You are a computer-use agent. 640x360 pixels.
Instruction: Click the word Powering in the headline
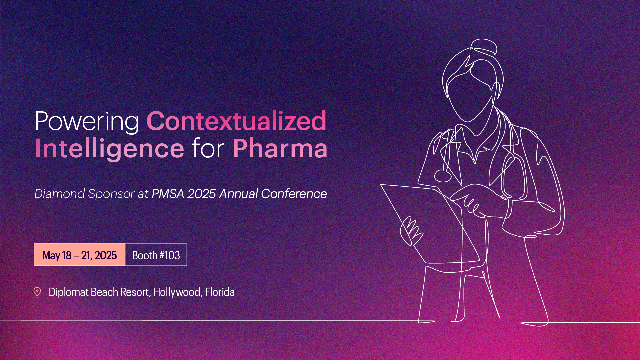pos(87,122)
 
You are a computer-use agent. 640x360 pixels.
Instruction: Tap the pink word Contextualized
pos(236,121)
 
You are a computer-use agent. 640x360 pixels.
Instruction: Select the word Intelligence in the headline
pos(109,149)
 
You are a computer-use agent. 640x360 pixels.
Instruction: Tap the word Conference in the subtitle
pos(294,194)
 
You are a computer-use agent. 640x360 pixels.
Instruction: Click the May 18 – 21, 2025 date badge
pos(79,255)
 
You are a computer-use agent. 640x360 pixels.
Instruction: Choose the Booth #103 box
pos(156,255)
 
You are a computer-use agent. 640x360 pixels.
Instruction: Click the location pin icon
pos(37,292)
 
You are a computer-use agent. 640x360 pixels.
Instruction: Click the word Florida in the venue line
pos(220,292)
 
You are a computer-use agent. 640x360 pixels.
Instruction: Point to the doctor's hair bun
pos(484,47)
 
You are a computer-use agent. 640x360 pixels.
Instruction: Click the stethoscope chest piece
pos(443,176)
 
